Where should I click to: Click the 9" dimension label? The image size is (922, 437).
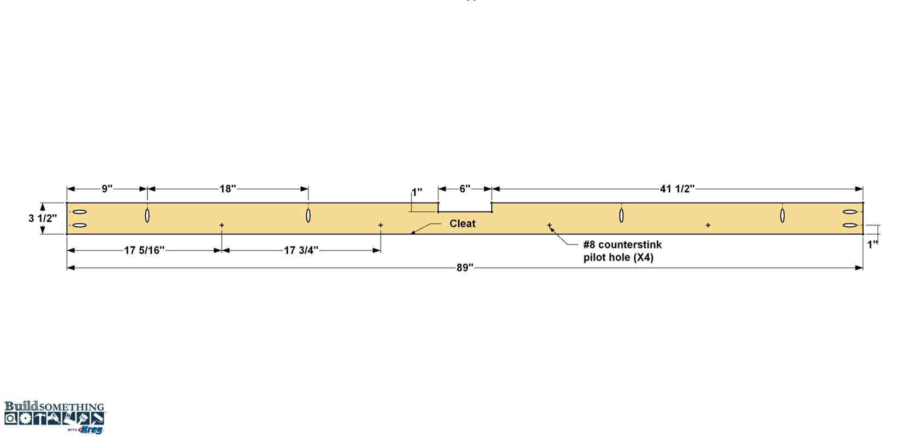pyautogui.click(x=107, y=188)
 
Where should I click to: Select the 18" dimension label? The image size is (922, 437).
pyautogui.click(x=228, y=188)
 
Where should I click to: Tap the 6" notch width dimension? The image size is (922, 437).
pyautogui.click(x=465, y=188)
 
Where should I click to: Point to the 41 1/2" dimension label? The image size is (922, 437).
pyautogui.click(x=677, y=188)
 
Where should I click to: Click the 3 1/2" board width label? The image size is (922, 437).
pyautogui.click(x=43, y=218)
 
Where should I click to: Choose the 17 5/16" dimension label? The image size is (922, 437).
pyautogui.click(x=144, y=250)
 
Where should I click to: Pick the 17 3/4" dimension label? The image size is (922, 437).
pyautogui.click(x=301, y=250)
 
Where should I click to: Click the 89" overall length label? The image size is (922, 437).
pyautogui.click(x=465, y=268)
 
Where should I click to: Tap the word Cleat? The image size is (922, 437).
pyautogui.click(x=462, y=223)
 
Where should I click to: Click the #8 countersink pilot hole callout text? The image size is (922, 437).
pyautogui.click(x=622, y=251)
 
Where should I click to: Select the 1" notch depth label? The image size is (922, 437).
pyautogui.click(x=417, y=192)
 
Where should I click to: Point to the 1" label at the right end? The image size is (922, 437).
pyautogui.click(x=873, y=245)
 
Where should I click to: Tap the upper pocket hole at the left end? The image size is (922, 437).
pyautogui.click(x=80, y=212)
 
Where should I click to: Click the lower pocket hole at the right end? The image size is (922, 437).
pyautogui.click(x=849, y=225)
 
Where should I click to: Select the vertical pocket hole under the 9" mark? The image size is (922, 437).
pyautogui.click(x=147, y=215)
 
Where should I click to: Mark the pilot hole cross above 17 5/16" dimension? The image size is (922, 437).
pyautogui.click(x=222, y=225)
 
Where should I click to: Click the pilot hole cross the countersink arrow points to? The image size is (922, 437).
pyautogui.click(x=549, y=225)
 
